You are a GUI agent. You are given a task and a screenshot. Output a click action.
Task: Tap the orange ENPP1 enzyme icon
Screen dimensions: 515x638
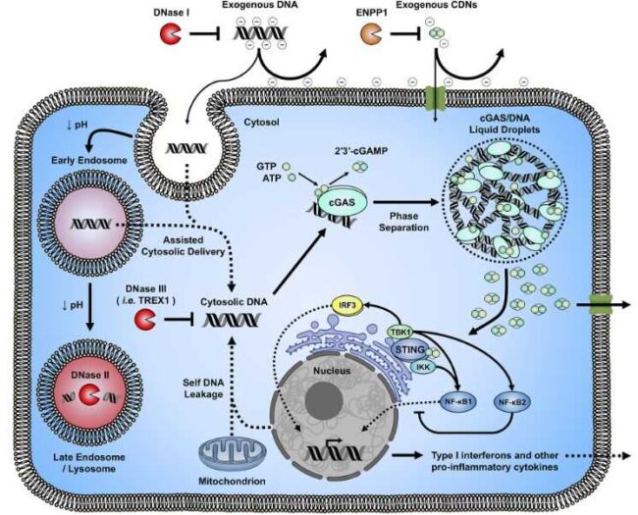click(372, 35)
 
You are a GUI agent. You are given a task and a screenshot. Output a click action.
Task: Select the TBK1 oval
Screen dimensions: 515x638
click(400, 333)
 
